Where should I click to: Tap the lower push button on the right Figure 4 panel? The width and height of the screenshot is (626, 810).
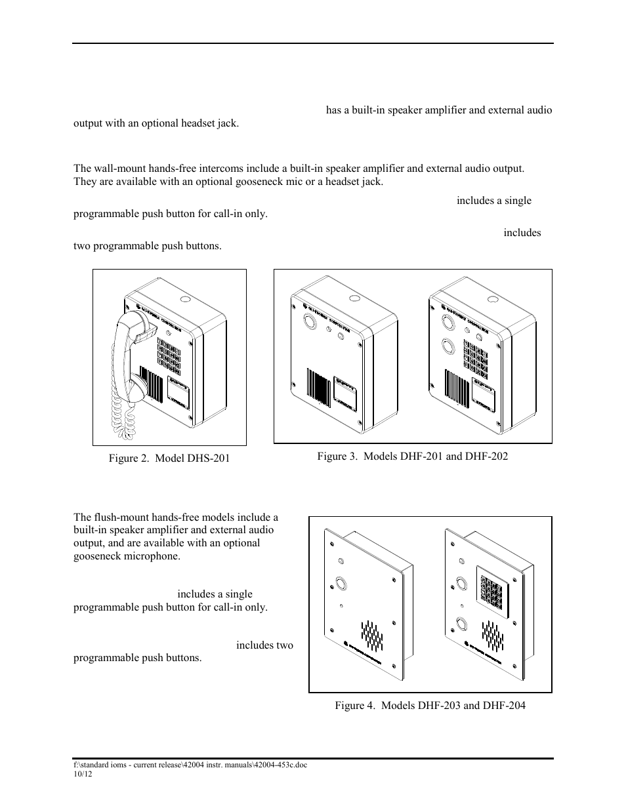coord(462,624)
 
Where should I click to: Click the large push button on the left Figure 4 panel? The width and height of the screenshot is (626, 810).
coord(341,582)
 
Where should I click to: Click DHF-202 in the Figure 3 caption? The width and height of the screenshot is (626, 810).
coord(486,455)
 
